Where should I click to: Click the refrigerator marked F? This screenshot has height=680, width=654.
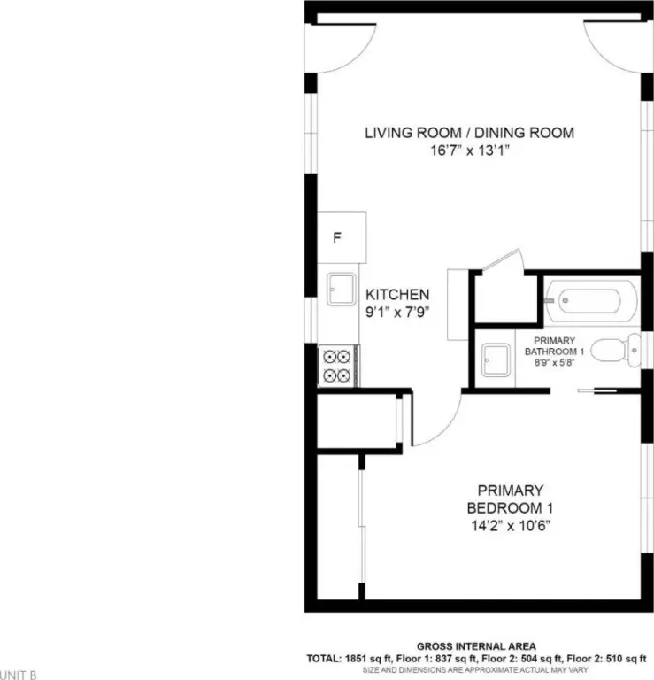click(342, 237)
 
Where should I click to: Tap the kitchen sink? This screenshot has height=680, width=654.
click(341, 290)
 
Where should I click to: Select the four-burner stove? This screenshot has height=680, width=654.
click(339, 366)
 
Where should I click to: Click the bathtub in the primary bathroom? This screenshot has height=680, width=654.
click(591, 300)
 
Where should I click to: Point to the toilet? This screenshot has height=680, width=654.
click(615, 351)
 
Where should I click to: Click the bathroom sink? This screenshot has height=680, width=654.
click(496, 360)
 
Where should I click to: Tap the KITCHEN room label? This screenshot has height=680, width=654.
click(397, 295)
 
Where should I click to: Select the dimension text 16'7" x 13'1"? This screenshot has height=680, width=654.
click(470, 151)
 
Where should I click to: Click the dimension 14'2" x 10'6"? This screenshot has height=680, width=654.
click(511, 526)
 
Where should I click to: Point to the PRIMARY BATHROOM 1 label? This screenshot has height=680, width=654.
click(554, 346)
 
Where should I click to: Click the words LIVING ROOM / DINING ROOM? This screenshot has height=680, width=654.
click(469, 133)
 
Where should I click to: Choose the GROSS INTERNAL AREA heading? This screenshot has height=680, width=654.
click(476, 646)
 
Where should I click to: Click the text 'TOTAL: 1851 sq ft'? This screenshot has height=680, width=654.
click(350, 659)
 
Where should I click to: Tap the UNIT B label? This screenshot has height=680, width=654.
click(19, 676)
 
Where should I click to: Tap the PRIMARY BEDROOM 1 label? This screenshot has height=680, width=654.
click(510, 499)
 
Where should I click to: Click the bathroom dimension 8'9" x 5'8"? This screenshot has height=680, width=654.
click(554, 362)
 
